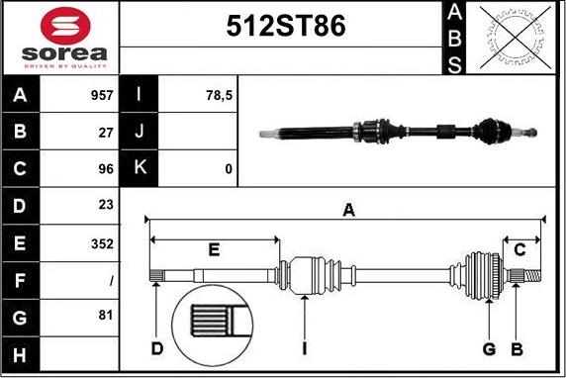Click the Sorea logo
(x=59, y=38)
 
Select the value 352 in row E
(x=103, y=243)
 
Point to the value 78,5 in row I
(x=218, y=96)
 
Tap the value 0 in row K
(x=229, y=169)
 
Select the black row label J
(x=140, y=133)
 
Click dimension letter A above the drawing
(x=348, y=209)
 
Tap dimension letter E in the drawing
(x=214, y=249)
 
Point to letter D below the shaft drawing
(x=157, y=348)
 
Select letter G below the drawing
(x=489, y=348)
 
